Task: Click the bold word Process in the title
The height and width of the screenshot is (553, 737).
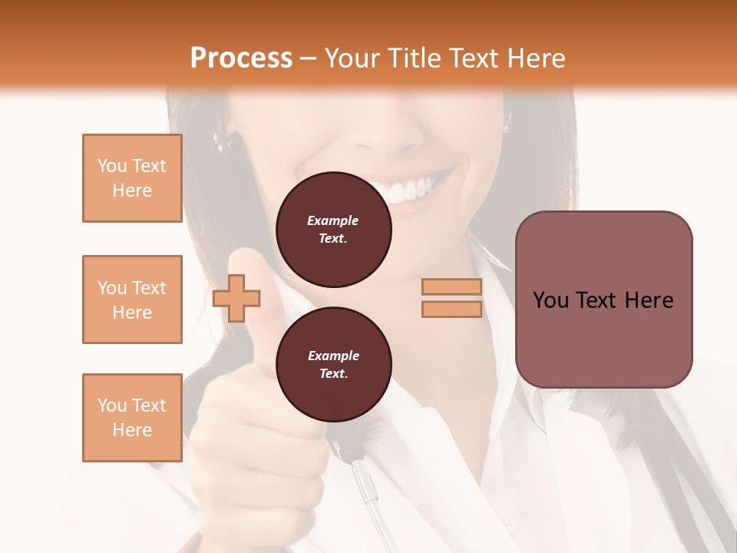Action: point(241,58)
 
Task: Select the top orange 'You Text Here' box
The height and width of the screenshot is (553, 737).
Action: point(132,178)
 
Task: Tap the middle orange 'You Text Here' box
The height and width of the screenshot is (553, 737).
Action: point(132,300)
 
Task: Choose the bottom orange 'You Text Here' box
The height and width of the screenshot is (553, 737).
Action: point(132,418)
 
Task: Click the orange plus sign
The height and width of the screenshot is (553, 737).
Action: point(236,298)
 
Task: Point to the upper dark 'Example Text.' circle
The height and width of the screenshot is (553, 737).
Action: point(333,230)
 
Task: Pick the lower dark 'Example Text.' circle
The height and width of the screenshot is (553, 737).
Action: point(333,365)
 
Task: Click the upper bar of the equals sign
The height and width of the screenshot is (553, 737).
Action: point(451,287)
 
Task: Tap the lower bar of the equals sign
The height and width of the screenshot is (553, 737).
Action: point(451,309)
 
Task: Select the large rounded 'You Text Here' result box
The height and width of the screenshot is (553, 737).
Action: point(603,300)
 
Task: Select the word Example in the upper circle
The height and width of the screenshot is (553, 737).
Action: point(333,220)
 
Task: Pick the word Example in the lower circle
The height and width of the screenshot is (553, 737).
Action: point(333,356)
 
